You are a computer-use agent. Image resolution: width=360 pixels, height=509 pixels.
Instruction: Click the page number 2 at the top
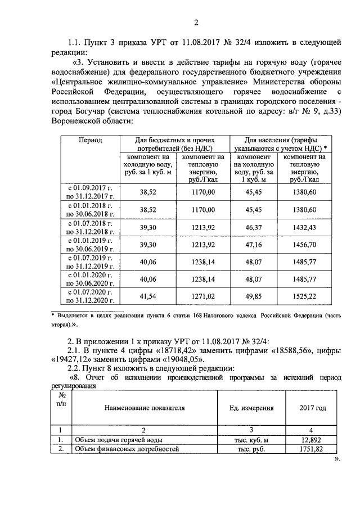coord(196,22)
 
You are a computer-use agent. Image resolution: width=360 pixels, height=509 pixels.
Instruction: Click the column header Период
coord(90,139)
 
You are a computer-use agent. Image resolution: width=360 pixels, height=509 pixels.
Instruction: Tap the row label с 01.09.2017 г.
coord(91,187)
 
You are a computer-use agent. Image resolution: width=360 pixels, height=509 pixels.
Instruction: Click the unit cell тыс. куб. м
coord(251,440)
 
